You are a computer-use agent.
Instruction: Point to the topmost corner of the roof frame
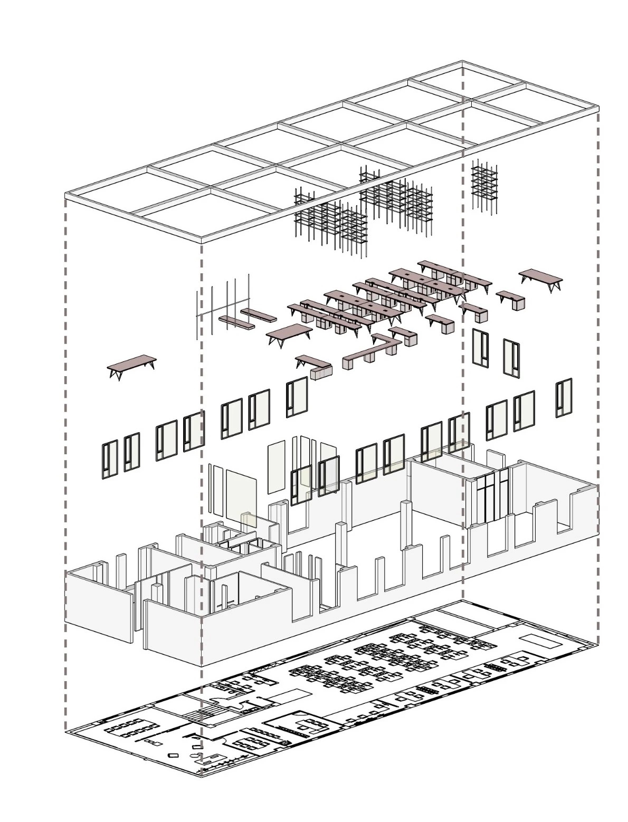(x=463, y=62)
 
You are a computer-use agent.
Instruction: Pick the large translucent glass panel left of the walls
(x=241, y=494)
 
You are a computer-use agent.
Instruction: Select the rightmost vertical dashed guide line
(x=598, y=369)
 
